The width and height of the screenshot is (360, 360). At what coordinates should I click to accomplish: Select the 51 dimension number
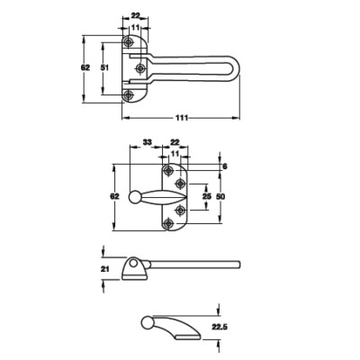(x=105, y=67)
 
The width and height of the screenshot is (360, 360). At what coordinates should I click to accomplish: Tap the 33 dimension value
(x=146, y=142)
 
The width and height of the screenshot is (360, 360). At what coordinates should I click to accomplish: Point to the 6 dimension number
(x=225, y=166)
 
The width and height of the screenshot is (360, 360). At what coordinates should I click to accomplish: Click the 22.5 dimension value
(x=219, y=328)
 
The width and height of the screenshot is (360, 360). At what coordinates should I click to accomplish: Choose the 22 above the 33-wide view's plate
(x=175, y=142)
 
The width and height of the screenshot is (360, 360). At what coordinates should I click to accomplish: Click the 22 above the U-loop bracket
(x=135, y=16)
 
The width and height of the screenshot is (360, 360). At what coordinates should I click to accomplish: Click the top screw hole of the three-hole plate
(x=127, y=41)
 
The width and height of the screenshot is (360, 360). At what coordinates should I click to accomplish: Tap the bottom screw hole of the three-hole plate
(x=127, y=94)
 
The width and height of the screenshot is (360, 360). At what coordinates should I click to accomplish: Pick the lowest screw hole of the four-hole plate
(x=168, y=224)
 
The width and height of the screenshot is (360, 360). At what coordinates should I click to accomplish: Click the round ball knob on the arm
(x=134, y=197)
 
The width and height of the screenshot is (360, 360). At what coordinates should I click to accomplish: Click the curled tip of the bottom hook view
(x=147, y=322)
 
